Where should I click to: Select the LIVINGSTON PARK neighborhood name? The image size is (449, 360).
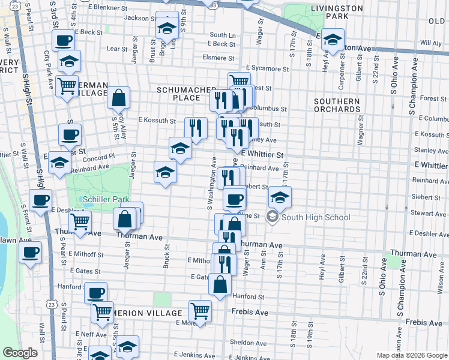click(x=337, y=13)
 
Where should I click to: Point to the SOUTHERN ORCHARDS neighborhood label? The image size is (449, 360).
click(x=337, y=106)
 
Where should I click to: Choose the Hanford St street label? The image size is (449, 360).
click(x=248, y=296)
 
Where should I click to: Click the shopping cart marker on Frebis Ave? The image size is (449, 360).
click(x=200, y=311)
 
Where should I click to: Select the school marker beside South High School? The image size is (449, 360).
click(x=280, y=196)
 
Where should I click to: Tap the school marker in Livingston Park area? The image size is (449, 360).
click(x=331, y=41)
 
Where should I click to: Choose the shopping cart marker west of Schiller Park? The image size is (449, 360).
click(x=81, y=221)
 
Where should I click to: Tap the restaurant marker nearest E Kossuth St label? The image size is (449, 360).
click(x=196, y=127)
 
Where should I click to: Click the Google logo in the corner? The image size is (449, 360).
click(x=20, y=353)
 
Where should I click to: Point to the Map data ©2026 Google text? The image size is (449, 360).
click(x=412, y=355)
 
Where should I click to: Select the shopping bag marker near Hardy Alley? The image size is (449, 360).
click(x=119, y=97)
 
